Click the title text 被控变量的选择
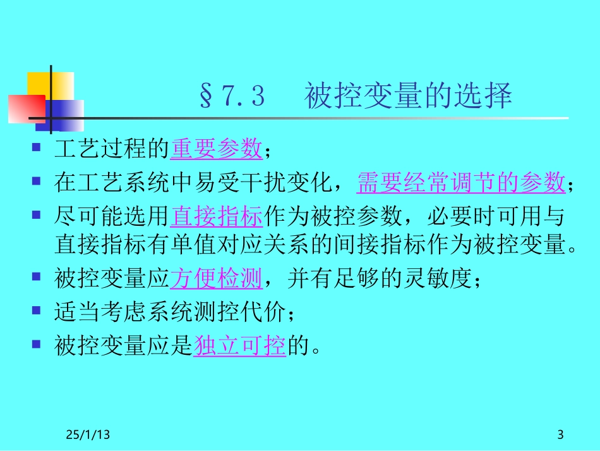coord(408,97)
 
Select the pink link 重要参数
coord(217,150)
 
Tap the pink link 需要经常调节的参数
coord(460,183)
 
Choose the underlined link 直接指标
coord(217,216)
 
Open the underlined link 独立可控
coord(239,345)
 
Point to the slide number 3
coord(560,435)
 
